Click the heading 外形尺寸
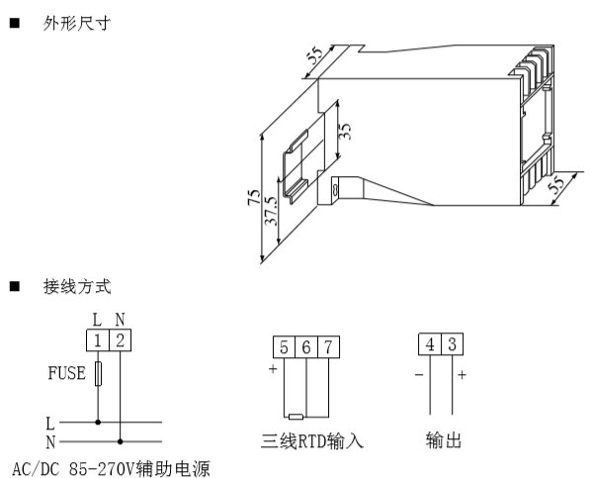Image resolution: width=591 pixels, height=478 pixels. pos(77,24)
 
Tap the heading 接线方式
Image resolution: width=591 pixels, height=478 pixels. pos(77,287)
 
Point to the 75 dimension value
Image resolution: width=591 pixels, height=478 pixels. pos(254,197)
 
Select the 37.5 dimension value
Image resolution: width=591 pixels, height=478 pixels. pos(271,211)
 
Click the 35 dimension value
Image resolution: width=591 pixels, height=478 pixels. pos(345,131)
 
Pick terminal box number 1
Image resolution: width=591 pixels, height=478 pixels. pos(98,340)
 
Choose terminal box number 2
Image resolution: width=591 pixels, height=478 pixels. pos(120,340)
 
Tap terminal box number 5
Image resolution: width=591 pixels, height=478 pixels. pos(285,347)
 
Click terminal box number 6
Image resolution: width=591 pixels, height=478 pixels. pos(306,347)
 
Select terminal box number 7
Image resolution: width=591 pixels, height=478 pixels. pos(329,347)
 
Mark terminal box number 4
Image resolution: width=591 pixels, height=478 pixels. pos(430,344)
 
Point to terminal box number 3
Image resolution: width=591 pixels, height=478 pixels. pos(452,344)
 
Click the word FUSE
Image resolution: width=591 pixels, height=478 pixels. pos(67,373)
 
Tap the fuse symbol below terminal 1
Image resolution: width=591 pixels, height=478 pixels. pos(98,374)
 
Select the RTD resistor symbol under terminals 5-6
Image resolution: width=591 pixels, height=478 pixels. pos(295,417)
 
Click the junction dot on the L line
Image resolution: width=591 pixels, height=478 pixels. pos(98,423)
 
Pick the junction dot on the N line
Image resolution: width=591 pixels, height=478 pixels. pos(121,441)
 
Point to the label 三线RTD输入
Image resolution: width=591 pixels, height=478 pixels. pos(312,440)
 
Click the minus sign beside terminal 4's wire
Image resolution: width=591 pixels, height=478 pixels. pos(419,375)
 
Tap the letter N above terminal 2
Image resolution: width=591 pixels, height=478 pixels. pos(120,320)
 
